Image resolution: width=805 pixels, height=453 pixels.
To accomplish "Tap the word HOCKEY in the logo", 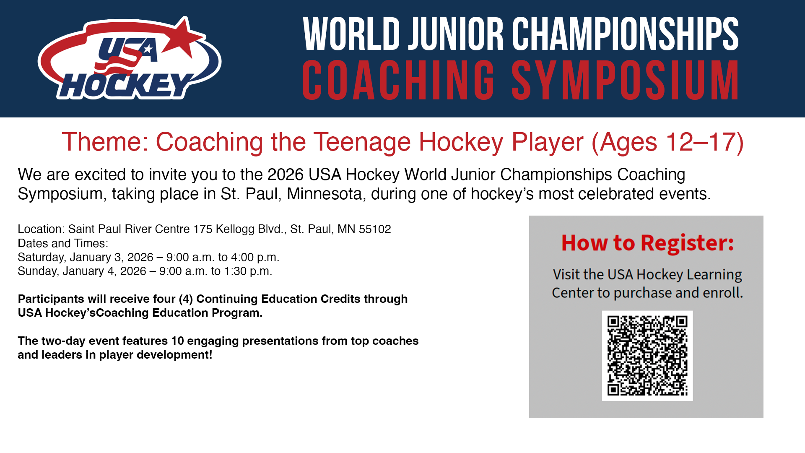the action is tap(126, 86).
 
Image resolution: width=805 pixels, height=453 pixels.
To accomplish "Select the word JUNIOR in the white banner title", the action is tap(456, 34).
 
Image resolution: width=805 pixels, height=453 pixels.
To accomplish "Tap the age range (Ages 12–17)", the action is tap(667, 143).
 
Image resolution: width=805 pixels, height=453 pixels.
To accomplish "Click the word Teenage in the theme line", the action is tap(362, 143).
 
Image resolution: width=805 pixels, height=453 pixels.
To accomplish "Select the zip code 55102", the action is tap(375, 229).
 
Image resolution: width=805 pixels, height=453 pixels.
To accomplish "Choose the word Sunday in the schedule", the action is tap(38, 271).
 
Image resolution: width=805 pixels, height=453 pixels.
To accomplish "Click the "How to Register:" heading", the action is tap(648, 243).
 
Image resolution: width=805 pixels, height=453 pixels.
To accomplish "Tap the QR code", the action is tap(647, 356).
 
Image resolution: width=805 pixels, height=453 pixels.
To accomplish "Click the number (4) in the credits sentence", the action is tap(186, 299).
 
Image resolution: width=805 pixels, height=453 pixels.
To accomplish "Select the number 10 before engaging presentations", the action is tap(177, 341).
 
